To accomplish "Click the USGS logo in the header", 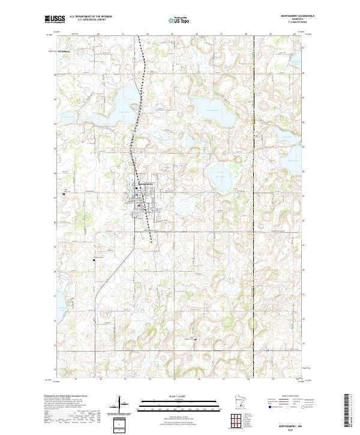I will (54, 19).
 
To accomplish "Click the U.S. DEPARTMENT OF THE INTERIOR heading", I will (91, 16).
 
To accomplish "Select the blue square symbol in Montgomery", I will (137, 193).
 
